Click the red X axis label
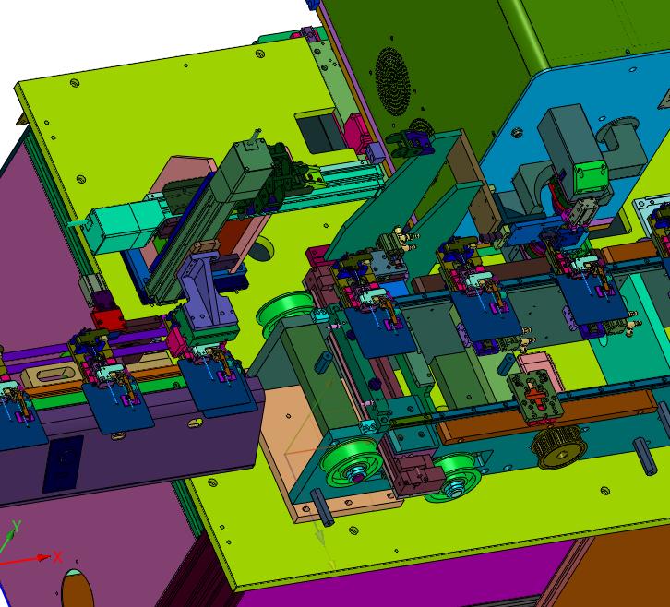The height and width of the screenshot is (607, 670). pos(58,557)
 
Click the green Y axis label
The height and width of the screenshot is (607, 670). pos(17,526)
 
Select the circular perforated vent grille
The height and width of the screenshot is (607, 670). pos(393,81)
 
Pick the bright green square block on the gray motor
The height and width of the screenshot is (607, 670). pos(591,176)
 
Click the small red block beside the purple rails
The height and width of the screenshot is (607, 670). pos(107,318)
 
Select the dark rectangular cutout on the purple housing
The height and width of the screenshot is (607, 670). pos(64,463)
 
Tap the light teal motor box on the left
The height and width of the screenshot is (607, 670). pos(125,225)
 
